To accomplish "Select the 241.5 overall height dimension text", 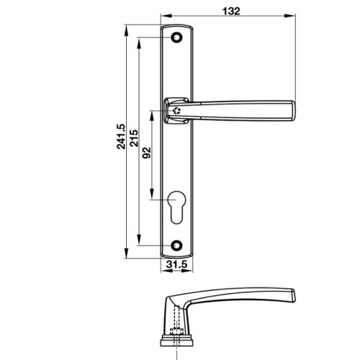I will pyautogui.click(x=122, y=135).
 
